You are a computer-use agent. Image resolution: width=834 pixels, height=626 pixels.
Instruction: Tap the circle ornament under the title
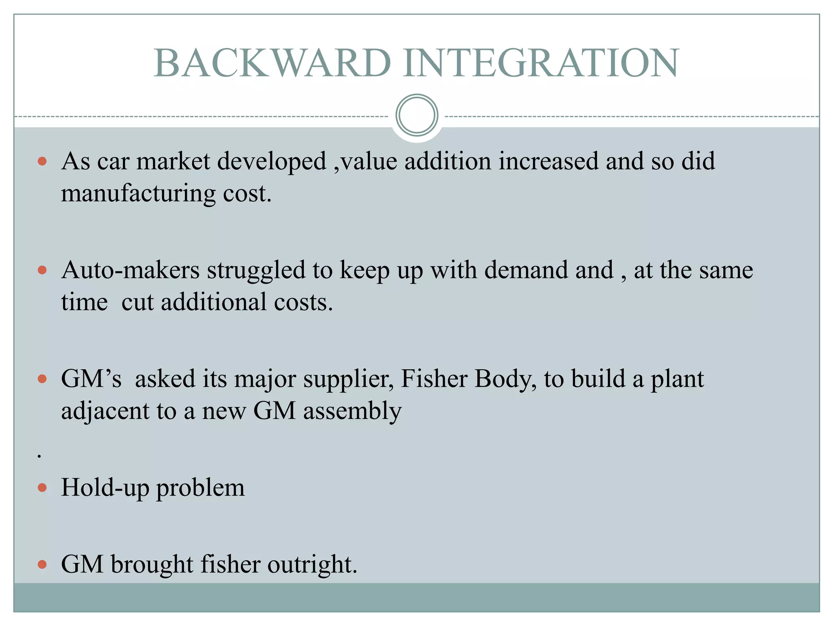[417, 115]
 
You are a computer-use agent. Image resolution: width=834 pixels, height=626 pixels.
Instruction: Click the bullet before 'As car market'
[42, 161]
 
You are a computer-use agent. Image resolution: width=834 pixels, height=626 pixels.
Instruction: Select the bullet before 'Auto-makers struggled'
[42, 270]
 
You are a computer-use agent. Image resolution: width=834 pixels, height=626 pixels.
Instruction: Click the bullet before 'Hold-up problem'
[42, 488]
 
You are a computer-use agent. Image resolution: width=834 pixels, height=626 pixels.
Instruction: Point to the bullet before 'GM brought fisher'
[42, 564]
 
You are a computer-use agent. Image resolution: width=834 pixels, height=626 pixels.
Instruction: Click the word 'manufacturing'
[138, 194]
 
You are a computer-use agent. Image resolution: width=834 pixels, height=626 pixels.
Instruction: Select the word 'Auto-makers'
[130, 270]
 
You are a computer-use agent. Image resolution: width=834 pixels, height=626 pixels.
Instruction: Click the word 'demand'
[528, 270]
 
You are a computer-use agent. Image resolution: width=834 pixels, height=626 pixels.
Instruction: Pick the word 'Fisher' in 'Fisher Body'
[434, 379]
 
